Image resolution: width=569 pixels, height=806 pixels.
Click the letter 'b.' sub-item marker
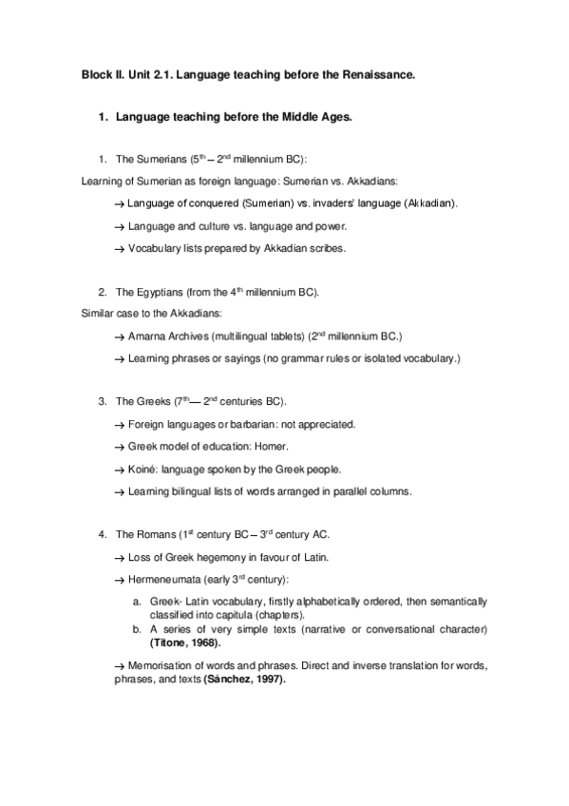coord(138,630)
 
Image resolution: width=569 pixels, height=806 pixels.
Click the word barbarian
coord(242,424)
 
